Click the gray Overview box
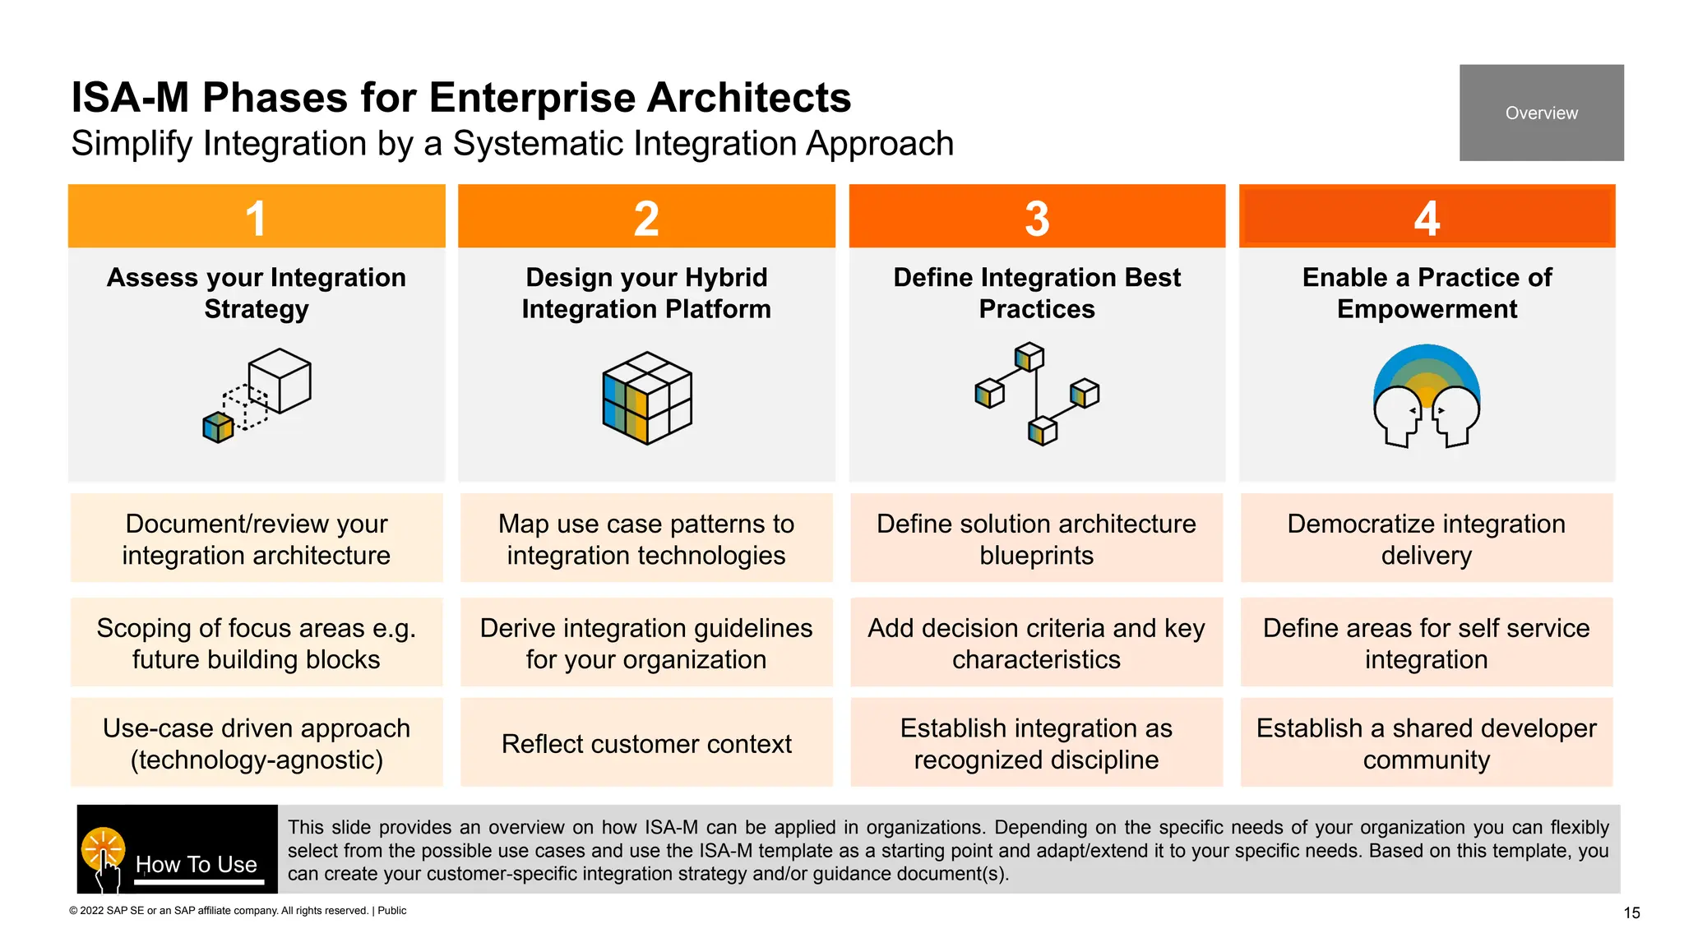[x=1541, y=113]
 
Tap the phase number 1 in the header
[x=256, y=219]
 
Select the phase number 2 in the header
[x=646, y=219]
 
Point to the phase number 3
[x=1037, y=219]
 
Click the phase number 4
[x=1427, y=219]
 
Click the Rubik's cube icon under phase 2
[x=647, y=398]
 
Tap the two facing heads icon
[x=1427, y=397]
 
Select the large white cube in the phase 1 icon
[x=280, y=380]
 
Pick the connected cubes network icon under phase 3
[x=1037, y=395]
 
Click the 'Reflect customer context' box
[x=646, y=743]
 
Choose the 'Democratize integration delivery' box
[x=1427, y=538]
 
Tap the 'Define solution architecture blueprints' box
[x=1036, y=538]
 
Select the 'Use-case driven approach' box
[x=257, y=743]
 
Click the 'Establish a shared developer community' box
[x=1427, y=743]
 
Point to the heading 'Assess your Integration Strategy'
[x=257, y=293]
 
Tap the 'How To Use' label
[x=197, y=864]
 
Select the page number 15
[x=1631, y=912]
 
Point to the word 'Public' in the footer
[x=392, y=911]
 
